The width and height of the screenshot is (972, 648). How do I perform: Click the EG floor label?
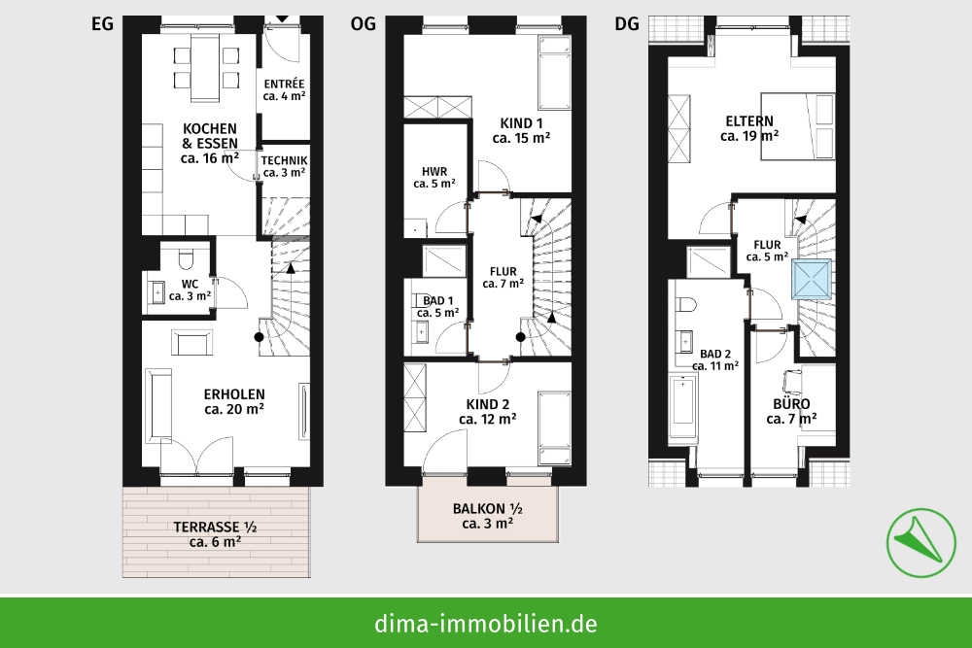click(102, 24)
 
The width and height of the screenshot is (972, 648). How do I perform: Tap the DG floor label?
click(627, 24)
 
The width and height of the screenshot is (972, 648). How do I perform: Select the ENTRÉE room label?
click(284, 89)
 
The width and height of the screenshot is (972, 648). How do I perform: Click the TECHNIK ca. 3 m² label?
click(284, 166)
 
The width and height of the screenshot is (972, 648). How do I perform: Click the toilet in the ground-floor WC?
click(188, 258)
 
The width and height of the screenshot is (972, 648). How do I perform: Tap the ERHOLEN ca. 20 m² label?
click(234, 401)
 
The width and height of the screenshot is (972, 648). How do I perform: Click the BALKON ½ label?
click(488, 515)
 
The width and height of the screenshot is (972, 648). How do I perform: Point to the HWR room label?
click(434, 176)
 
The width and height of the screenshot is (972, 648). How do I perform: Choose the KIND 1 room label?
click(521, 130)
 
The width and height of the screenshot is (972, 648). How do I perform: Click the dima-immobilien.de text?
click(486, 623)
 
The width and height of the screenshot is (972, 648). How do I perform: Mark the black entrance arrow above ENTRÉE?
click(282, 18)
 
